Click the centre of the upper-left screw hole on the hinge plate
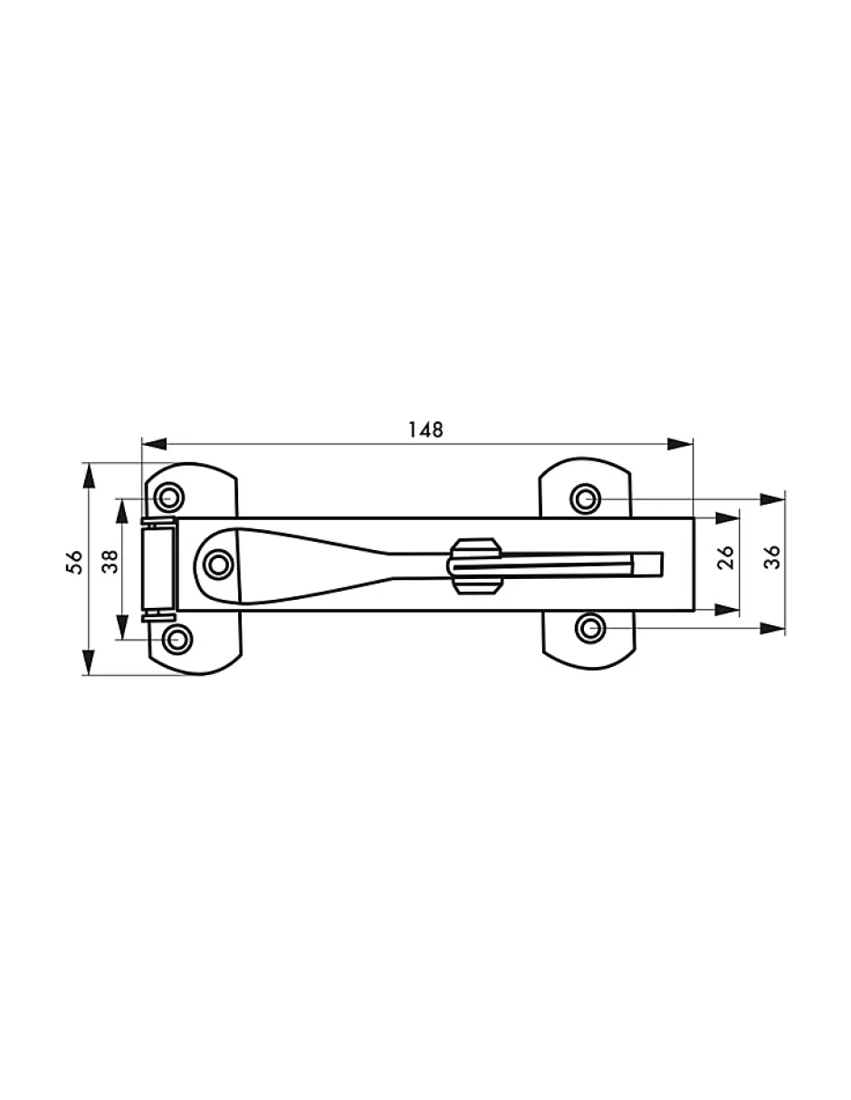tap(169, 497)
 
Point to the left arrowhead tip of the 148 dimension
tap(143, 444)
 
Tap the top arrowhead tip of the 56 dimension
tap(89, 463)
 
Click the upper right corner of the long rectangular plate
tap(693, 518)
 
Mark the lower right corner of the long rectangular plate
tap(693, 611)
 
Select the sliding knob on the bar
tap(473, 565)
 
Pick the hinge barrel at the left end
tap(158, 568)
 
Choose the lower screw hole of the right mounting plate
tap(589, 629)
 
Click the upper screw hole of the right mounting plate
tap(585, 499)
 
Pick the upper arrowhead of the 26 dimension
tap(728, 518)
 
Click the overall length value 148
tap(425, 429)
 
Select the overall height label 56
tap(74, 562)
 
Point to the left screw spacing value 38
tap(110, 562)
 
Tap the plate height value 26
tap(726, 557)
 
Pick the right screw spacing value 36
tap(772, 557)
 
